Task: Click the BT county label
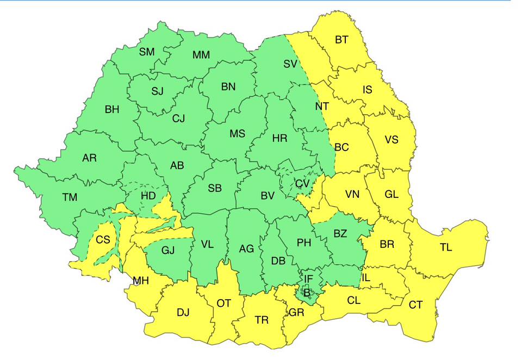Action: coord(341,40)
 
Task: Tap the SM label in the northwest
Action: coord(147,52)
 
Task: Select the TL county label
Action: coord(446,247)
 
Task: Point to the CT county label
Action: coord(415,305)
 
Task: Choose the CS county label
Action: coord(102,239)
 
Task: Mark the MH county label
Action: coord(141,281)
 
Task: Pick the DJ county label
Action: coord(183,312)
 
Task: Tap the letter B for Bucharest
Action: coord(307,293)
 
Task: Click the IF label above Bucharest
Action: coord(308,279)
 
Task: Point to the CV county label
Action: coord(302,183)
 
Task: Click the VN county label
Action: coord(352,194)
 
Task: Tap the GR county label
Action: coord(296,313)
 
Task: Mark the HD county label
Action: coord(148,195)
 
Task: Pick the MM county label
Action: coord(201,55)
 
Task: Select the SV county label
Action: coord(290,64)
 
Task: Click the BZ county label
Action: coord(340,234)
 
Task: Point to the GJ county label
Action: coord(169,251)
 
